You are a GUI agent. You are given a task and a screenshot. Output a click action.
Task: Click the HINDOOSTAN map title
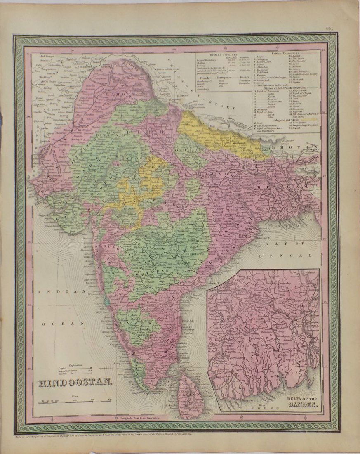(75, 382)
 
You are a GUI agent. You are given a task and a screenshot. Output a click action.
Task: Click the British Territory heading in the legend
(223, 54)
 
